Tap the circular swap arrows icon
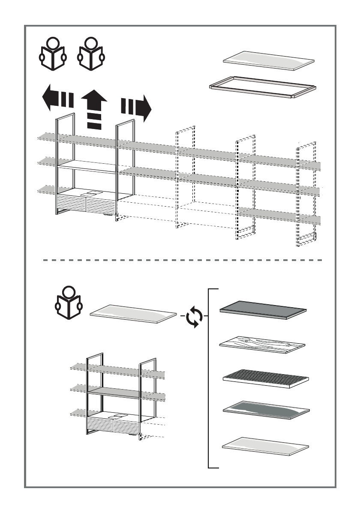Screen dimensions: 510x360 tap(195, 318)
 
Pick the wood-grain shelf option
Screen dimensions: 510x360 tap(262, 343)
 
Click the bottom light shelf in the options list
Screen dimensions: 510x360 tap(266, 446)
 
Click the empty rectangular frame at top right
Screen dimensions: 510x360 tap(263, 87)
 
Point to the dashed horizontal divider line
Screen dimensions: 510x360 tap(183, 260)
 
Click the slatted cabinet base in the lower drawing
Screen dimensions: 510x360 tap(114, 425)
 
